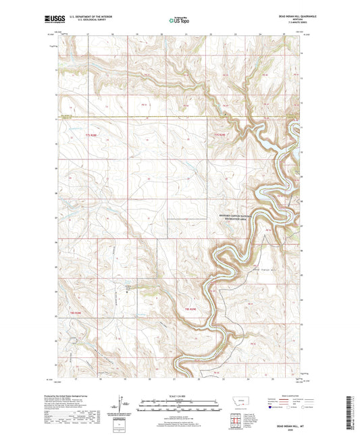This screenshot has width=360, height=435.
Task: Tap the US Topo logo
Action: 178,21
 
